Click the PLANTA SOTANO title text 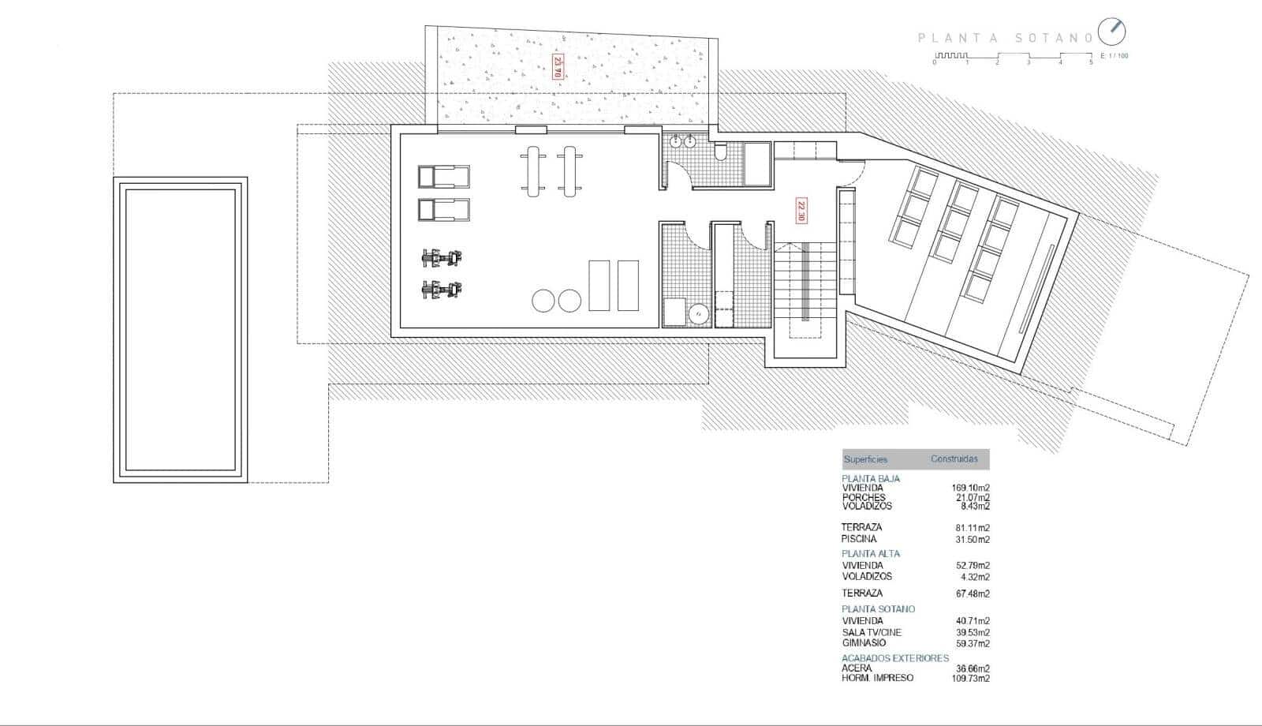1005,37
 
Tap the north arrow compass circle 1112,32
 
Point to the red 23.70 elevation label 558,65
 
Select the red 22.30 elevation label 801,209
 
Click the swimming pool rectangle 181,329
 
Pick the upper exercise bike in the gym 442,257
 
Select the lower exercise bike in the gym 442,290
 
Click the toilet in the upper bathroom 720,152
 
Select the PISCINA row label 859,539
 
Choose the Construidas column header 954,458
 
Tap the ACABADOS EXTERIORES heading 895,657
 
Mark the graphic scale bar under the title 1013,56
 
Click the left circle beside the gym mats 543,301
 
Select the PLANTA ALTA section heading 870,553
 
